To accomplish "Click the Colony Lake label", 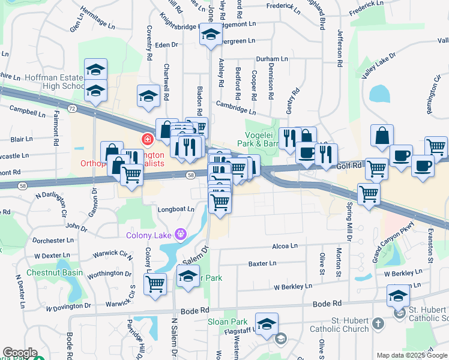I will pos(149,235).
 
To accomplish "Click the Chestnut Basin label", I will pos(55,272).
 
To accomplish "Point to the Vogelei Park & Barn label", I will pos(262,139).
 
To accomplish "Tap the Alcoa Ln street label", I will pos(285,246).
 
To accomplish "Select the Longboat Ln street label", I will pos(175,209).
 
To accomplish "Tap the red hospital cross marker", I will pos(146,140).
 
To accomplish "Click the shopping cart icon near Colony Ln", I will pos(155,283).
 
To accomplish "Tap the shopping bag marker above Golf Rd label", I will pos(382,136).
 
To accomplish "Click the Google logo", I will pos(20,353).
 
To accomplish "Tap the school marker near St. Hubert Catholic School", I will pos(397,295).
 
